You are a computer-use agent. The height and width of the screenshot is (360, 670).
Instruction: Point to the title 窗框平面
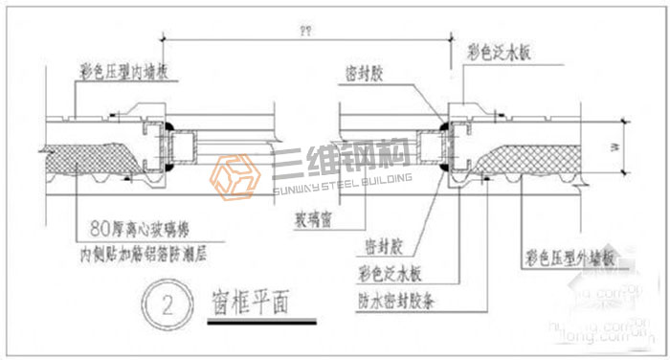point(251,304)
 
